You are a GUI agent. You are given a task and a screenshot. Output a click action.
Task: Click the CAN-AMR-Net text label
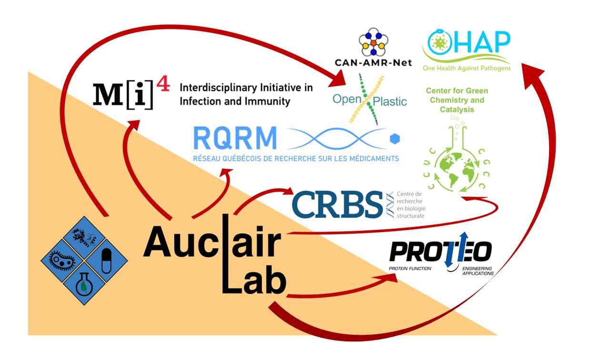(x=373, y=62)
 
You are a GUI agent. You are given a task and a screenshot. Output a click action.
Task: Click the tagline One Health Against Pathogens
(x=467, y=68)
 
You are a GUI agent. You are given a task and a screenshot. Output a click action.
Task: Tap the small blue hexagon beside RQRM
(x=395, y=139)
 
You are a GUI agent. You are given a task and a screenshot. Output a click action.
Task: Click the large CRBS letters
(x=337, y=204)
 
